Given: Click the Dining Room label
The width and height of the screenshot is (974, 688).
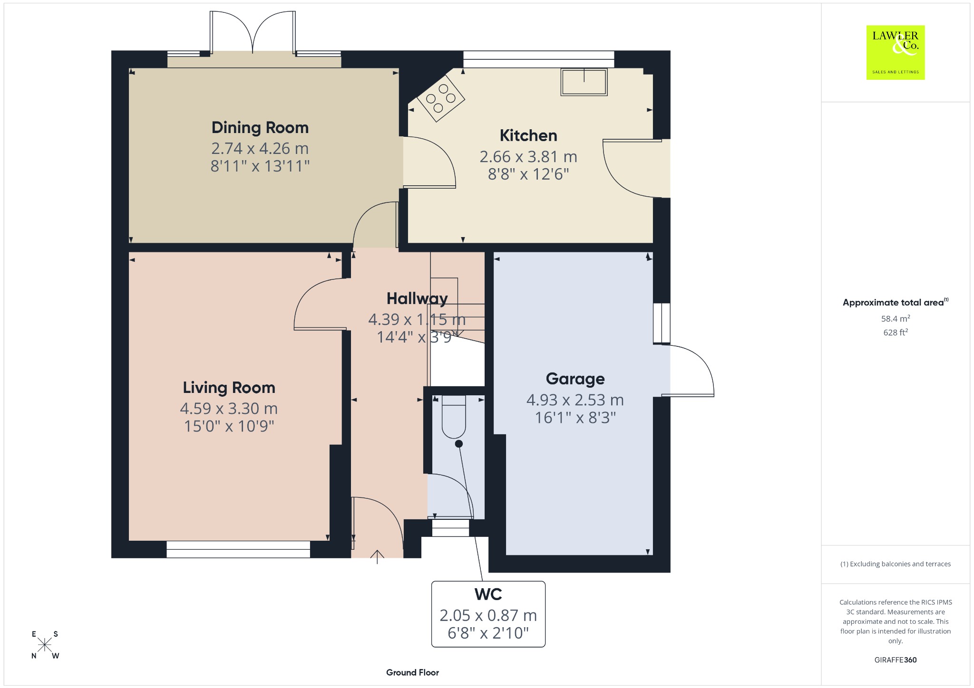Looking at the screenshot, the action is coord(260,128).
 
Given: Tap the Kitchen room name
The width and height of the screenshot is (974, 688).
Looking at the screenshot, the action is coord(528,136).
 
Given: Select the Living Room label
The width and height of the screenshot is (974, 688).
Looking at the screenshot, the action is coord(229,388).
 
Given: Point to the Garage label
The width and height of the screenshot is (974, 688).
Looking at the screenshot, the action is coord(575,379).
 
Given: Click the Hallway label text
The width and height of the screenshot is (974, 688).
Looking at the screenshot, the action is coord(417,299).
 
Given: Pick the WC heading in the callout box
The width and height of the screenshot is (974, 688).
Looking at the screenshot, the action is coord(488,594).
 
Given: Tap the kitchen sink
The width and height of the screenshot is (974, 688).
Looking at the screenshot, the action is coord(584,82).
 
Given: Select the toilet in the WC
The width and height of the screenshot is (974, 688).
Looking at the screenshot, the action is coord(454,417).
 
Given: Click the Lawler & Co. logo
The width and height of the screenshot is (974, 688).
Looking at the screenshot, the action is coord(896,52).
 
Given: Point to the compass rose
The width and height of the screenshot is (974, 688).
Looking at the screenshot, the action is coord(45,645).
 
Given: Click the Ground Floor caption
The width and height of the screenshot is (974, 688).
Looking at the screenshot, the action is coord(412,672).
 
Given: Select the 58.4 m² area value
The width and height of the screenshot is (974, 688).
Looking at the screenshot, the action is coord(896,318).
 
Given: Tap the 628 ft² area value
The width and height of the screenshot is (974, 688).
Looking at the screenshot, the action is coord(896,332).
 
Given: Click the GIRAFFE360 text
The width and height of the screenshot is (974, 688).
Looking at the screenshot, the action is coord(896,659).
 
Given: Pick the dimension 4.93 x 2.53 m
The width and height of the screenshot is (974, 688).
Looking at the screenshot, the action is coord(575,400).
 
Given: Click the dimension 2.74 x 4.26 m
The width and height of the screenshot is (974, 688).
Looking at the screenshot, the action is coord(260,149).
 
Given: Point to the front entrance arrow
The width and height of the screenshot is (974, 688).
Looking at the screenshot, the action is coord(377,556).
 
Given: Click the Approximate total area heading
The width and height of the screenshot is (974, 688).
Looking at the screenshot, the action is coord(896,302).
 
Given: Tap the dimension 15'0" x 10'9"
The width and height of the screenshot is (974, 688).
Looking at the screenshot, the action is coord(229,426).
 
